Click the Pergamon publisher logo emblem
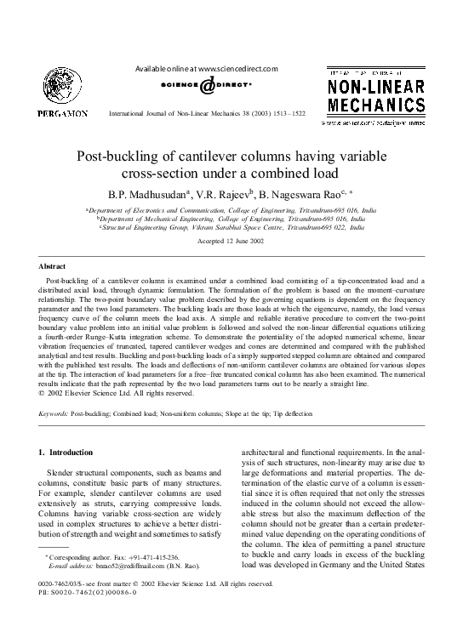(x=52, y=88)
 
